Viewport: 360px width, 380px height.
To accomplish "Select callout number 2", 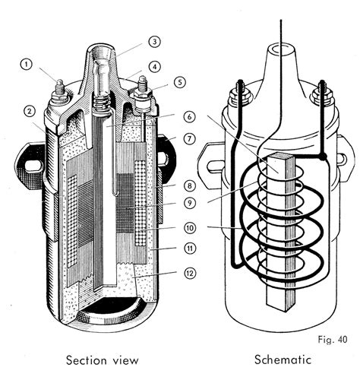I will [28, 111].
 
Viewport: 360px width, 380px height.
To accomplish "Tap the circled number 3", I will [154, 42].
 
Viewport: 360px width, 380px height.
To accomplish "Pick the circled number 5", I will [180, 83].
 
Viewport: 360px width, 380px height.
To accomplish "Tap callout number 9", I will [190, 204].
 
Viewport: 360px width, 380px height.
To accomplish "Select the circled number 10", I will [190, 227].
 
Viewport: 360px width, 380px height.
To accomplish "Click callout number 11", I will [190, 249].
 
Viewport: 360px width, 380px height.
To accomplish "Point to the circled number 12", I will [190, 272].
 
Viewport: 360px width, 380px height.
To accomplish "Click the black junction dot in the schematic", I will [324, 157].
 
